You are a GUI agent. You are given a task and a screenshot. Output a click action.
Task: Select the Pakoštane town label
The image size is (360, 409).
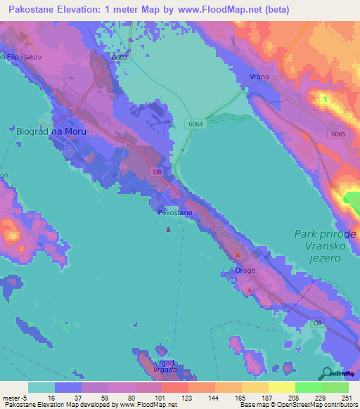(x=173, y=212)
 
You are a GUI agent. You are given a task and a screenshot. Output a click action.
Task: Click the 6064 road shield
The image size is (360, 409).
(x=196, y=124)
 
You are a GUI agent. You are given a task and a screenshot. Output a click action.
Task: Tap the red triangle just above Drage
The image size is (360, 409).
(x=238, y=255)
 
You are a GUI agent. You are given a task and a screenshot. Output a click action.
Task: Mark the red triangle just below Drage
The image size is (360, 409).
(x=247, y=288)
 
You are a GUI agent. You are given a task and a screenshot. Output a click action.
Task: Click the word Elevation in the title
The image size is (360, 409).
(x=79, y=10)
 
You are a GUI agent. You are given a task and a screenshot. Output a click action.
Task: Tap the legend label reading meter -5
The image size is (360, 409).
(x=14, y=397)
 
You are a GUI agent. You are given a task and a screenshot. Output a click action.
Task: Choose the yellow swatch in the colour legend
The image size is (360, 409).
(x=281, y=387)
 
